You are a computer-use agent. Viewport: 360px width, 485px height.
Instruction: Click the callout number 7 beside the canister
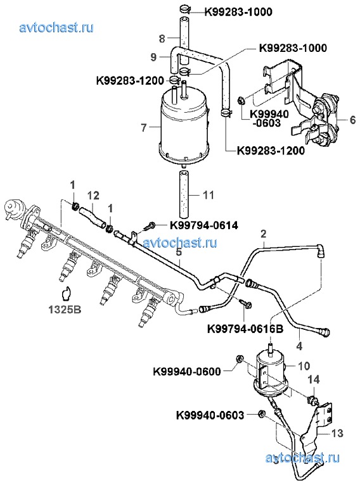(144, 127)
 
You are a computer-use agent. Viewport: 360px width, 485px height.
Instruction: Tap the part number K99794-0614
(204, 225)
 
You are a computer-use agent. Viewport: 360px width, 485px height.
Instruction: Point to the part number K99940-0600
(187, 371)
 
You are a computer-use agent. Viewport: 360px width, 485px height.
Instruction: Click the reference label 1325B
(65, 310)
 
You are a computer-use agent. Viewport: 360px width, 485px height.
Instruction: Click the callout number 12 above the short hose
(93, 196)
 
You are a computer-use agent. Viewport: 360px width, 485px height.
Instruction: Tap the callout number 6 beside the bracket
(352, 120)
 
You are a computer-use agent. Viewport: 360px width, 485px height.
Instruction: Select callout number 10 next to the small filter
(304, 366)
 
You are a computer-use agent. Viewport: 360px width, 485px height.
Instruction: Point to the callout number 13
(337, 433)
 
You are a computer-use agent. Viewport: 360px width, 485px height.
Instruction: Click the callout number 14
(314, 379)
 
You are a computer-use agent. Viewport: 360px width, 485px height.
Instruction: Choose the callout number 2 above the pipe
(263, 234)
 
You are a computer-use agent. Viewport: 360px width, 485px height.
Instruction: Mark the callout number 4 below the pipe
(299, 346)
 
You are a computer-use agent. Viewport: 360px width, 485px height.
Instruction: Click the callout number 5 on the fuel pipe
(179, 252)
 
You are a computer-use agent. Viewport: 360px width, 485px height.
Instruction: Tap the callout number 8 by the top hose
(162, 39)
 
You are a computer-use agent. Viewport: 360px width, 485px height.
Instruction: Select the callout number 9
(154, 57)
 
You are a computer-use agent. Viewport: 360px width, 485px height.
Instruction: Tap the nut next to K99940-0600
(239, 359)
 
